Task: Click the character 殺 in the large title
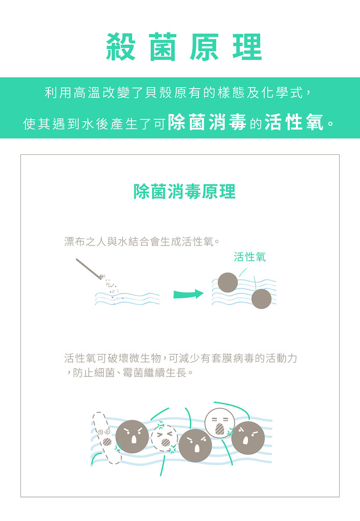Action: [121, 47]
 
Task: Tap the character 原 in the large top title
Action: [204, 47]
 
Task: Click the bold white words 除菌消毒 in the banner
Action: [207, 123]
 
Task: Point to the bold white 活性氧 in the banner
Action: [294, 123]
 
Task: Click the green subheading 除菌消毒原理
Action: [184, 191]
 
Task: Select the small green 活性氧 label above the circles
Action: [250, 257]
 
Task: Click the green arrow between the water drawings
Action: [188, 294]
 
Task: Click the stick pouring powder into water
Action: [89, 269]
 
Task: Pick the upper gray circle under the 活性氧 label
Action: [228, 283]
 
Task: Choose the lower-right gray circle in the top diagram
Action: [261, 299]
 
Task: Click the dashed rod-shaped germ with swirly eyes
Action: [106, 438]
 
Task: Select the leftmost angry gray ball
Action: [132, 436]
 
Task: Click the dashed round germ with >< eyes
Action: [164, 438]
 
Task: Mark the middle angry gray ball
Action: [196, 445]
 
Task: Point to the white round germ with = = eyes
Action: [219, 423]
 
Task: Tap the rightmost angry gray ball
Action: [248, 438]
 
